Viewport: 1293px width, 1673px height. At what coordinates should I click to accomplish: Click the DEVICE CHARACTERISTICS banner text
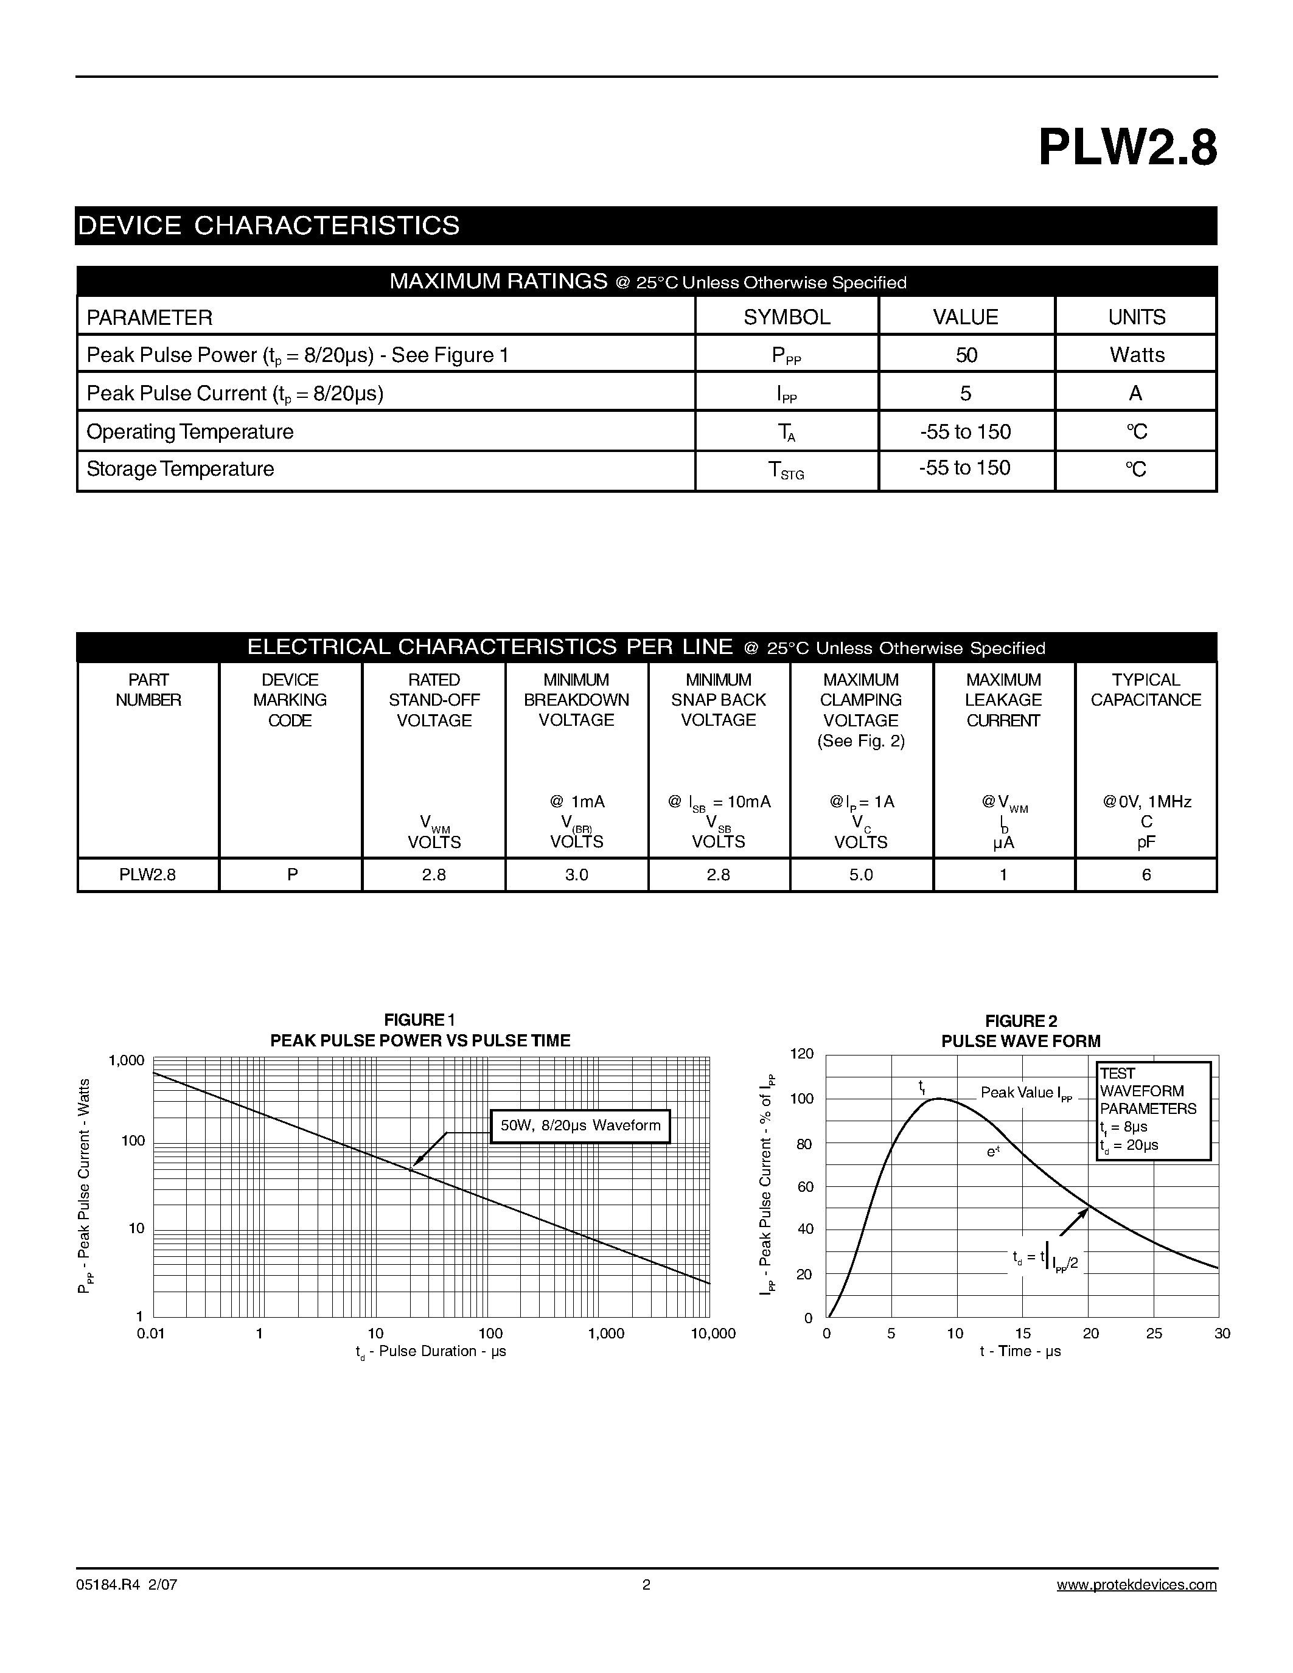pyautogui.click(x=269, y=225)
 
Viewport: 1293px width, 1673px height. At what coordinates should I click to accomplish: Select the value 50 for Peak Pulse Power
pyautogui.click(x=966, y=355)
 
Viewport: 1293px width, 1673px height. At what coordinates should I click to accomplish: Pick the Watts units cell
pyautogui.click(x=1137, y=355)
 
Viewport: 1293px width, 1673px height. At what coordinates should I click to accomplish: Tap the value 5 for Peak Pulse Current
pyautogui.click(x=965, y=393)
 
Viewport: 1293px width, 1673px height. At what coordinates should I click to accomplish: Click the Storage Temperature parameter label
pyautogui.click(x=180, y=469)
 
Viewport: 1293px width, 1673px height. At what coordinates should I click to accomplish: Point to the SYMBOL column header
pyautogui.click(x=787, y=317)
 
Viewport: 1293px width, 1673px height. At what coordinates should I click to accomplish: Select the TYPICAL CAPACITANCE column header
pyautogui.click(x=1145, y=689)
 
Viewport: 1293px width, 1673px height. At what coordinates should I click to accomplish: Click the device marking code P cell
pyautogui.click(x=292, y=875)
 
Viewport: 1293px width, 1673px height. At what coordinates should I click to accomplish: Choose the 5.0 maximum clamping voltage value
pyautogui.click(x=861, y=875)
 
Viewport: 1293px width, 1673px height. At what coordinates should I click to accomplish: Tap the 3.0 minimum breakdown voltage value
pyautogui.click(x=576, y=875)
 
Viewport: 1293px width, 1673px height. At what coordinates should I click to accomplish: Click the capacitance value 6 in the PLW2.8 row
pyautogui.click(x=1146, y=875)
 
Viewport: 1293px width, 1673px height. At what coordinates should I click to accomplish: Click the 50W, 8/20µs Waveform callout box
pyautogui.click(x=580, y=1126)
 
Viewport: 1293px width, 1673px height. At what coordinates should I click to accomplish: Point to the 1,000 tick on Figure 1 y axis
pyautogui.click(x=127, y=1061)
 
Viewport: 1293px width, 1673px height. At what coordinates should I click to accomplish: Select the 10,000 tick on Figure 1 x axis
pyautogui.click(x=713, y=1334)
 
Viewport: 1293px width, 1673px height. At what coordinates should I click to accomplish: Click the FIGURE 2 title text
pyautogui.click(x=1020, y=1021)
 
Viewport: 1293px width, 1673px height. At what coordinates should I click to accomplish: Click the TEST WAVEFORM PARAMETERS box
pyautogui.click(x=1153, y=1110)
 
